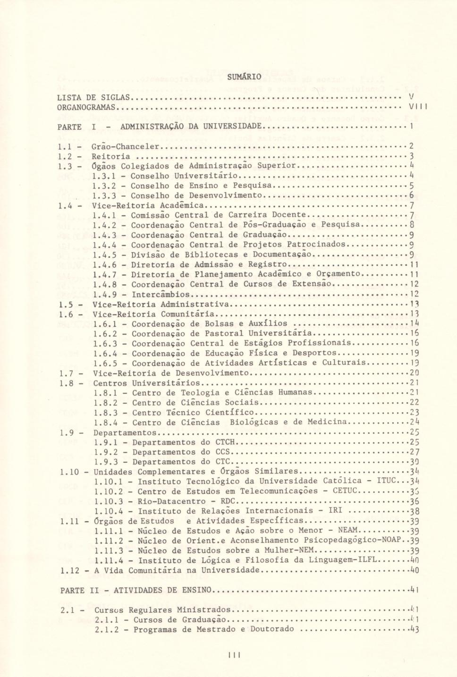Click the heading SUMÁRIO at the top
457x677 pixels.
(x=244, y=76)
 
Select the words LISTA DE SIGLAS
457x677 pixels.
(x=93, y=98)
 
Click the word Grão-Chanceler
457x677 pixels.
(x=125, y=146)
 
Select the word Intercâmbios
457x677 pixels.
(x=161, y=294)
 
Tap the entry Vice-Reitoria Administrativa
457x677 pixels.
(x=161, y=304)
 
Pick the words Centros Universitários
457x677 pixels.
(x=146, y=383)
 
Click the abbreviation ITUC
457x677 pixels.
(x=387, y=481)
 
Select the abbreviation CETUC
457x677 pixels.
(x=346, y=491)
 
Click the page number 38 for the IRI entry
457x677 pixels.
(x=415, y=511)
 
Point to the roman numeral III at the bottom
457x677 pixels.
(x=235, y=654)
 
